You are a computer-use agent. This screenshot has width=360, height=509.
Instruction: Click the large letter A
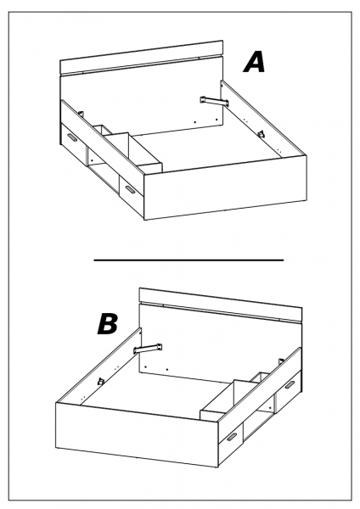tap(255, 62)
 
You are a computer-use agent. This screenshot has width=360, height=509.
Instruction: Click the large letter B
tap(108, 324)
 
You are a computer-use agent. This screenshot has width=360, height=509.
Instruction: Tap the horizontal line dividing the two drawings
tap(188, 260)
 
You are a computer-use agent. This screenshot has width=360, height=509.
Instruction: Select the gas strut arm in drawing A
tap(214, 101)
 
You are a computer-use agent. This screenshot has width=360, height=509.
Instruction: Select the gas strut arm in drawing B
tap(148, 348)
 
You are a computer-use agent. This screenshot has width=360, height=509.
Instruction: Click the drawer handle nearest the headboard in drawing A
tap(72, 138)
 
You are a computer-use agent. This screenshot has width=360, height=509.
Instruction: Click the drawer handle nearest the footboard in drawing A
tap(130, 189)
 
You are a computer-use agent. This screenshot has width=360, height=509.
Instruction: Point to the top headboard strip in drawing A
tap(142, 57)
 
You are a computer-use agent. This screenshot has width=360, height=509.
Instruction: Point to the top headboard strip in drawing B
tap(221, 304)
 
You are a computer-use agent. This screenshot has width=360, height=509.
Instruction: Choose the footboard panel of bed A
tap(226, 187)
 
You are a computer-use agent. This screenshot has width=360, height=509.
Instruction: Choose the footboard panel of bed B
tap(137, 434)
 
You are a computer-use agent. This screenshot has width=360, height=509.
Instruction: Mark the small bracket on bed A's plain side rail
tap(261, 134)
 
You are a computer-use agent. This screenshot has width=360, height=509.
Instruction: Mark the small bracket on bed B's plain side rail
tap(101, 381)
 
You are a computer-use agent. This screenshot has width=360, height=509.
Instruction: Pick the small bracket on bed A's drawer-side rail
tap(81, 115)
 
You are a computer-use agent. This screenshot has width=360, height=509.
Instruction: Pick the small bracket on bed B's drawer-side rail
tap(281, 361)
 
